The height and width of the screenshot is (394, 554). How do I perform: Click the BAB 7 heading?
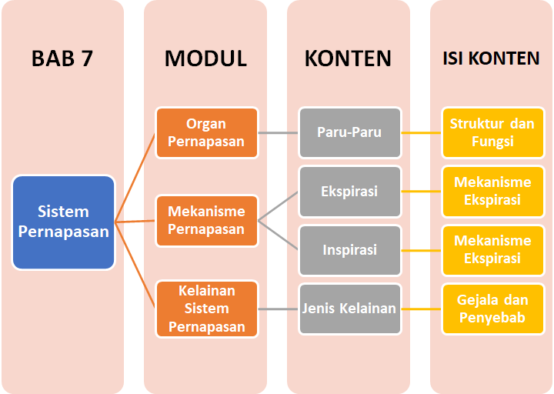[x=62, y=58]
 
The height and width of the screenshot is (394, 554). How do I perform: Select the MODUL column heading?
[x=205, y=58]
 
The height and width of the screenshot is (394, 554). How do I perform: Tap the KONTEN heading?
[x=348, y=58]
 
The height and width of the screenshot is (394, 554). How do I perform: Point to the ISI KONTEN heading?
[x=491, y=58]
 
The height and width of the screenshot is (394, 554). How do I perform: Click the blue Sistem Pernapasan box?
[x=64, y=222]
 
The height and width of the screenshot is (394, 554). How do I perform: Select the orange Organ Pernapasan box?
[x=205, y=132]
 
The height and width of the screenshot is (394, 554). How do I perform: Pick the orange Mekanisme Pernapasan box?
[x=205, y=221]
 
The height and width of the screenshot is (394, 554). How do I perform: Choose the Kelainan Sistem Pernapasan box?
[x=205, y=309]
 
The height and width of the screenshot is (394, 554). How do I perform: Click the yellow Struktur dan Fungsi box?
[x=492, y=132]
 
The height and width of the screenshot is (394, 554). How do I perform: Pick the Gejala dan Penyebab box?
[x=492, y=309]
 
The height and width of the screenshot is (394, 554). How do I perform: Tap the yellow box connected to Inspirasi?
[x=492, y=250]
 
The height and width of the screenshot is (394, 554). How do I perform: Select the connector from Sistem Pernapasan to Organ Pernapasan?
[x=136, y=176]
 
